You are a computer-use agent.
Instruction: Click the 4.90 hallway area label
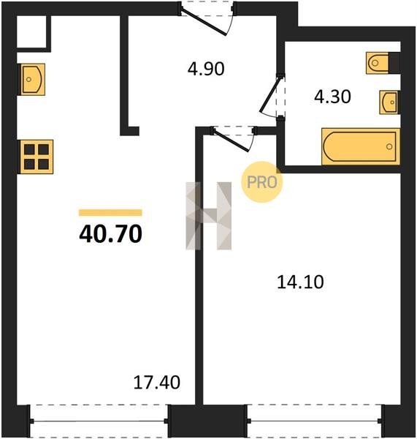pos(206,69)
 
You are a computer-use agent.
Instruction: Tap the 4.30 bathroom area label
pos(332,97)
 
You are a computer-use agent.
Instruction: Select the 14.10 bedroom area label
pos(300,282)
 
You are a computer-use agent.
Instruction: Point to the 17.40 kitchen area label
pos(157,383)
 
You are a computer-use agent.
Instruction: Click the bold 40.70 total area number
pos(111,234)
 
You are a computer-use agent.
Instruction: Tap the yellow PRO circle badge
pos(262,182)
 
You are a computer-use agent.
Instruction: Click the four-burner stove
pos(37,157)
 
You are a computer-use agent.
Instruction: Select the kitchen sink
pos(32,80)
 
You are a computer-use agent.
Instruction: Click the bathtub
pos(361,146)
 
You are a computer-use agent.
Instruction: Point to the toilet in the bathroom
pos(383,63)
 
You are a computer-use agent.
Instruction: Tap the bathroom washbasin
pos(389,102)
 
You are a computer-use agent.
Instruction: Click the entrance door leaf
pos(203,23)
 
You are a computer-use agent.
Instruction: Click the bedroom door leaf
pos(231,140)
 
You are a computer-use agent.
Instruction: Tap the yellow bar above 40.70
pos(110,213)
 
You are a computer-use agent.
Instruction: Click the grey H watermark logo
pos(209,216)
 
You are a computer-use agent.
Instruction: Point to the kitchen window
pos(99,421)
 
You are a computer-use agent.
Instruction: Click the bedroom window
pos(315,421)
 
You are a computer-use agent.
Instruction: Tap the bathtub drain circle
pos(389,146)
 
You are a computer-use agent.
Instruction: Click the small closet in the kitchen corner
pos(31,31)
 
